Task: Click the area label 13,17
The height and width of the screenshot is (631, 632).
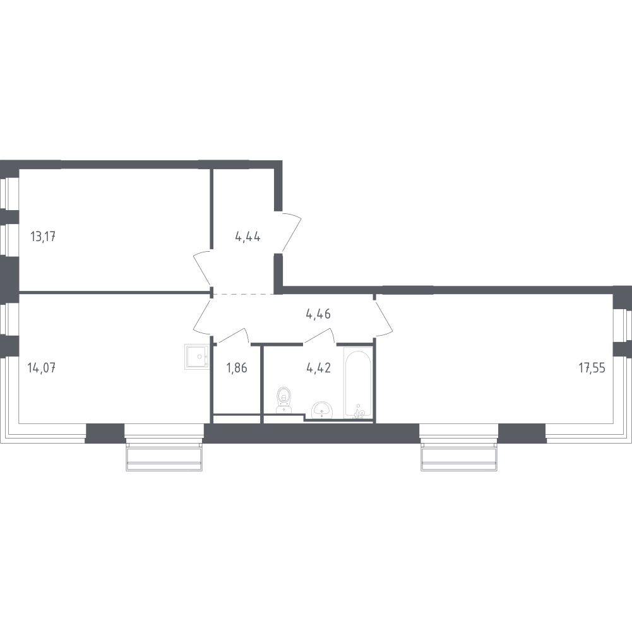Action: pos(43,236)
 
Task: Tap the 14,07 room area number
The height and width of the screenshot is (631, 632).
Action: pos(42,367)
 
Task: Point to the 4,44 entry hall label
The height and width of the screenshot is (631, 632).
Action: pos(247,236)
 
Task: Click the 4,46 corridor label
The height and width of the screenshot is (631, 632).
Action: pos(318,314)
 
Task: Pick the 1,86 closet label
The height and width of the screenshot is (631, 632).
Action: pos(237,367)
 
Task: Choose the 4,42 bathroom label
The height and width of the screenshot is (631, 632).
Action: pos(318,367)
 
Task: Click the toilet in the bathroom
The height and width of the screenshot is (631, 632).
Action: pos(285,400)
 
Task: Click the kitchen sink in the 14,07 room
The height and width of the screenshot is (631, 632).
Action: pos(197,357)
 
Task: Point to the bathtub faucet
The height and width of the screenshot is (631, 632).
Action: pos(358,413)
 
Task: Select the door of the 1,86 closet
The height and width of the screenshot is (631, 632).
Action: pos(232,336)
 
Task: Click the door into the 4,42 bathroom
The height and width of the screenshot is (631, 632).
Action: pos(319,336)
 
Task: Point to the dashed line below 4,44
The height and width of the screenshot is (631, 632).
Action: pos(244,295)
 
